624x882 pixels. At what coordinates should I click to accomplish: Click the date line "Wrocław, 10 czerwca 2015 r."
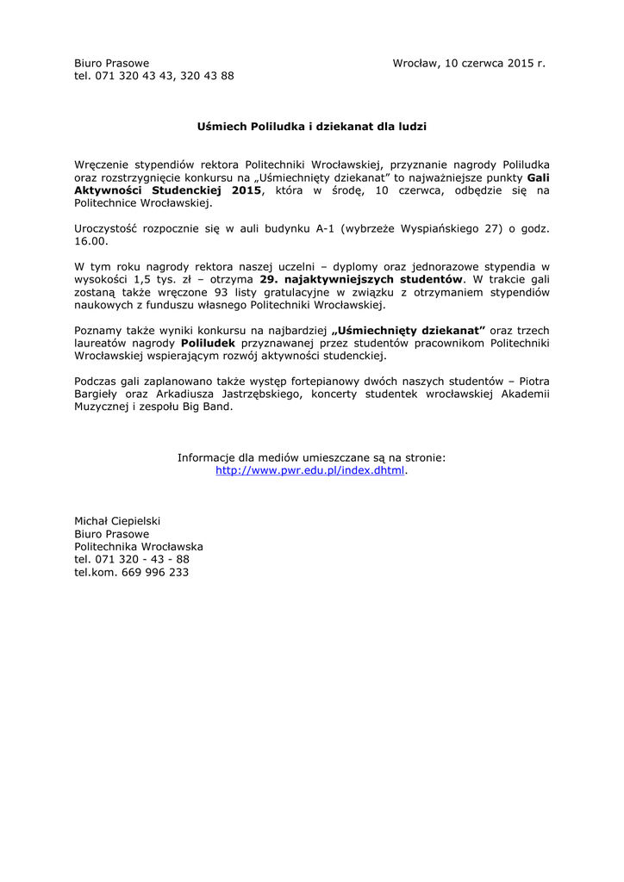pyautogui.click(x=469, y=63)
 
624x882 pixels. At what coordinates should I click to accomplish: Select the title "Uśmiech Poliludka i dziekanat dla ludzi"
pyautogui.click(x=312, y=126)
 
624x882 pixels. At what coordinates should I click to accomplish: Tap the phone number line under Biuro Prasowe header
pyautogui.click(x=154, y=76)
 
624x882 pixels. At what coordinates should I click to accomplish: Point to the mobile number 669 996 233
pyautogui.click(x=155, y=572)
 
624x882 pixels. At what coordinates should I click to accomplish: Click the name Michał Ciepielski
pyautogui.click(x=117, y=521)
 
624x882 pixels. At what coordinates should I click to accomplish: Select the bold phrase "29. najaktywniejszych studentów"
pyautogui.click(x=361, y=279)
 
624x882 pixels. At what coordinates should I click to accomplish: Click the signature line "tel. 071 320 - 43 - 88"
pyautogui.click(x=132, y=559)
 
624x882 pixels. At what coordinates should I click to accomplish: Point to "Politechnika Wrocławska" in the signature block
pyautogui.click(x=139, y=546)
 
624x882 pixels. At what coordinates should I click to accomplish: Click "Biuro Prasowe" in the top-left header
pyautogui.click(x=112, y=63)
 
